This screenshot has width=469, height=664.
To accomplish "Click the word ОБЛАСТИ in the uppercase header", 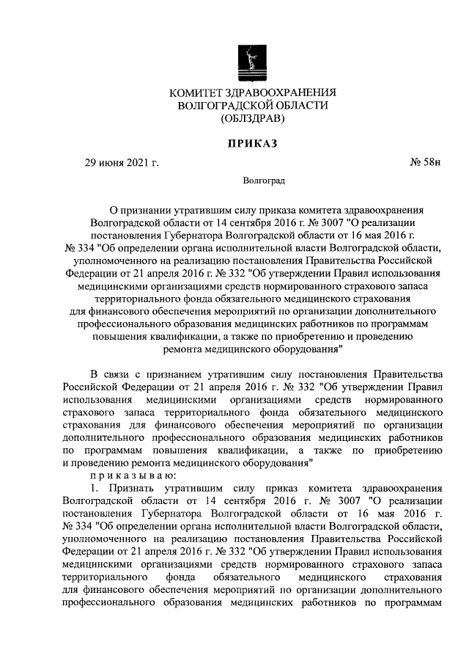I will point(302,106).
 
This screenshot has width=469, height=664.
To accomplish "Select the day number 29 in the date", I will point(93,162).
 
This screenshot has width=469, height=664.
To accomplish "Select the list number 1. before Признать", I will point(94,488).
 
